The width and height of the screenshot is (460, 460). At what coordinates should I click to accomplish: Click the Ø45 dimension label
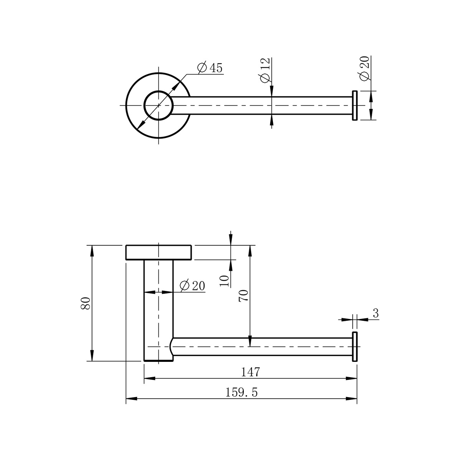(210, 67)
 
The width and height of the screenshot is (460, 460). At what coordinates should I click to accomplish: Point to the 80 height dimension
(85, 303)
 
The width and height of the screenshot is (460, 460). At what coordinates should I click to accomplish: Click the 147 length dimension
(250, 372)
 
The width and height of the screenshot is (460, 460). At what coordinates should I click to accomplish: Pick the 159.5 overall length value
(242, 393)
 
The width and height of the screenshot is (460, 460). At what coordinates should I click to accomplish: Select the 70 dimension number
(243, 296)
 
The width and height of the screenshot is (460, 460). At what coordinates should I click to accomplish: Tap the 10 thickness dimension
(224, 281)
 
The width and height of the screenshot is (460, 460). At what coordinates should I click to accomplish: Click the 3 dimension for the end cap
(376, 313)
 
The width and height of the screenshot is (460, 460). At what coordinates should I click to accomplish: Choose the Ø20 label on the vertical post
(192, 285)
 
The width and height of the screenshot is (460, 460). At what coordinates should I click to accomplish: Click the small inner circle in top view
(158, 105)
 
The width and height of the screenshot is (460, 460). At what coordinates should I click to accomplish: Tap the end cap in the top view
(355, 105)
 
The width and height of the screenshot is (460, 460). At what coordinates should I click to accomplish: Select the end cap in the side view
(355, 347)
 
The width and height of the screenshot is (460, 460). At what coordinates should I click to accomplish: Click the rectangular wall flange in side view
(158, 252)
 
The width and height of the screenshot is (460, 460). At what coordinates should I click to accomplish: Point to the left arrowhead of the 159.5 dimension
(131, 399)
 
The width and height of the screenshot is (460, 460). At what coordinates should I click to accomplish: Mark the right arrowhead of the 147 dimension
(352, 378)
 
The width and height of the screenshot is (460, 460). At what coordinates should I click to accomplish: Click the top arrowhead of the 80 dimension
(92, 251)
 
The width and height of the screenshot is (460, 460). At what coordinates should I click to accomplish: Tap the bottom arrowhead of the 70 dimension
(250, 341)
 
